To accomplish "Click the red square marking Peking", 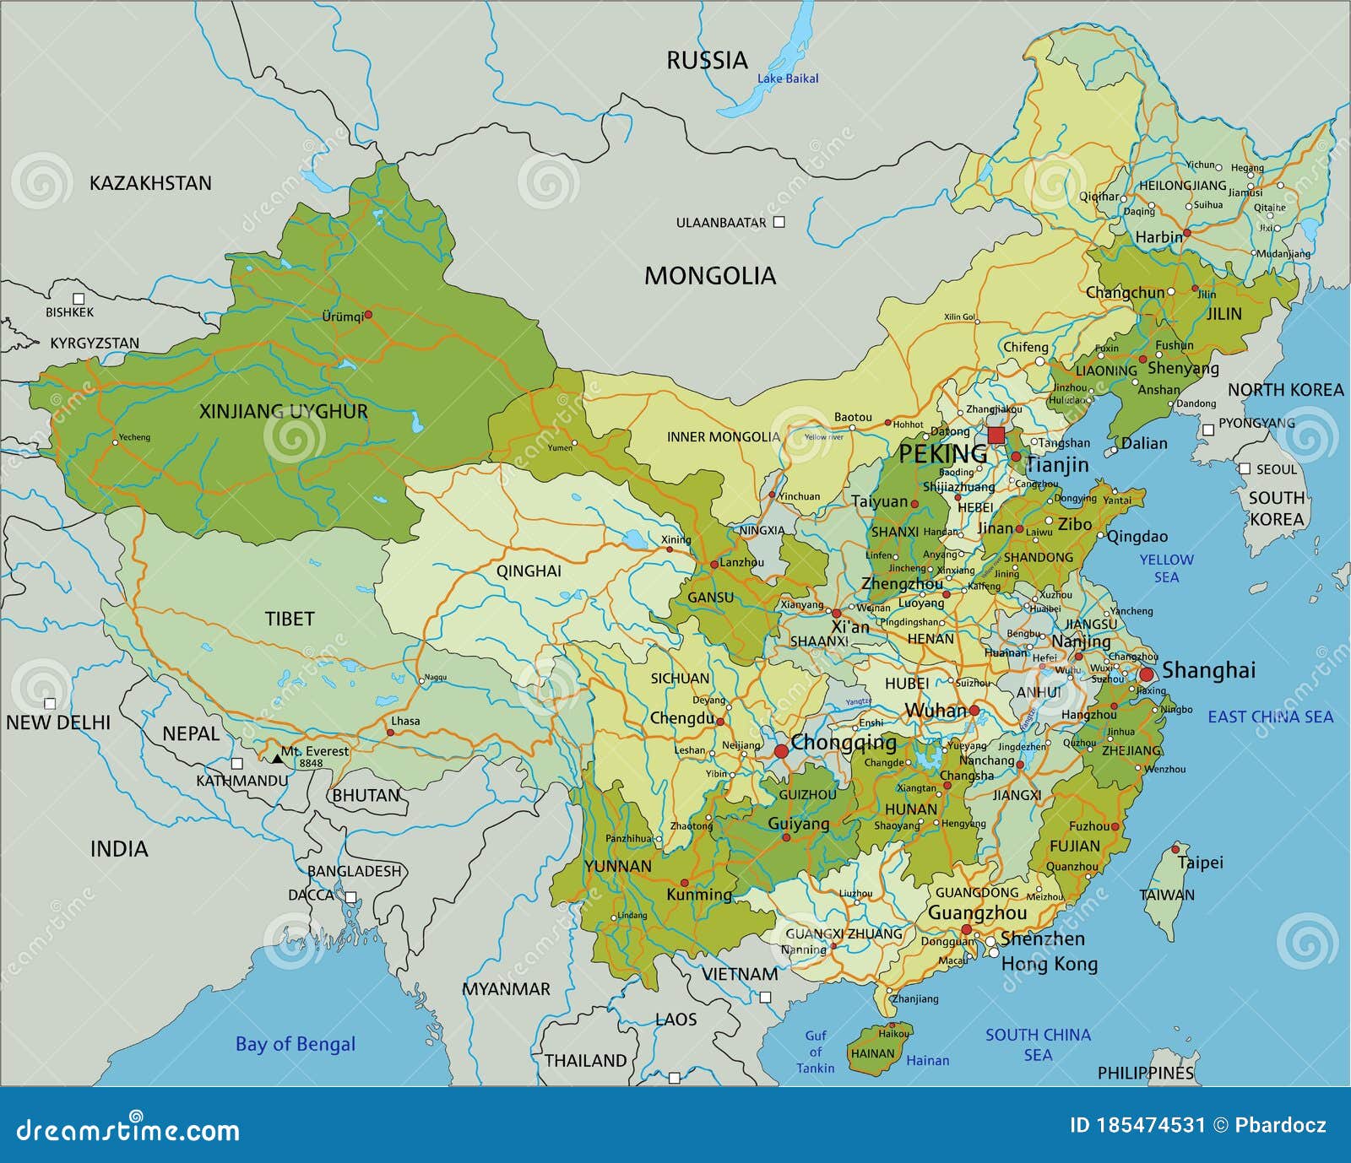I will [996, 435].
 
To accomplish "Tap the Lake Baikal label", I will [787, 78].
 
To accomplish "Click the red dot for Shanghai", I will [1147, 674].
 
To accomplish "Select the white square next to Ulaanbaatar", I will [779, 222].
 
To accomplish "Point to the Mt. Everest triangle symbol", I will [277, 760].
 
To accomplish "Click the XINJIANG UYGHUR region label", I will [283, 412].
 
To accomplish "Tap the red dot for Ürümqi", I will [368, 314].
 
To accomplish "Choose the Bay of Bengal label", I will [295, 1044].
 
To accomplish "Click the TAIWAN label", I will [1167, 895].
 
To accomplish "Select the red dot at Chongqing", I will [781, 750].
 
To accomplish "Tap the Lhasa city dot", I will [390, 733].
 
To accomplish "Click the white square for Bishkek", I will [79, 298].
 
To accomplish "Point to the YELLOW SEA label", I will [1166, 568].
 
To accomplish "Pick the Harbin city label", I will [1158, 238].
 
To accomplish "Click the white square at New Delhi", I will [50, 703].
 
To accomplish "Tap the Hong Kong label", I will [1049, 964].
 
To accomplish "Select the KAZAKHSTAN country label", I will [150, 183].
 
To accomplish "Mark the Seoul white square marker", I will [1244, 468].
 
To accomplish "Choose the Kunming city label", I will [699, 895].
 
